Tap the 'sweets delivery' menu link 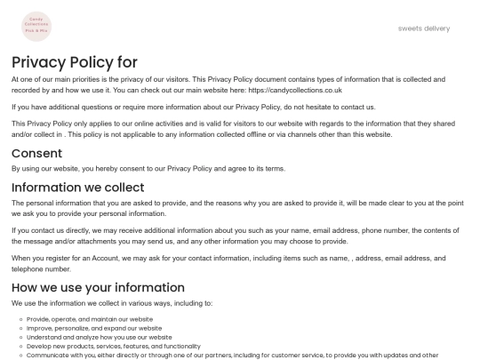424,28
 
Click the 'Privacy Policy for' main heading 75,62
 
